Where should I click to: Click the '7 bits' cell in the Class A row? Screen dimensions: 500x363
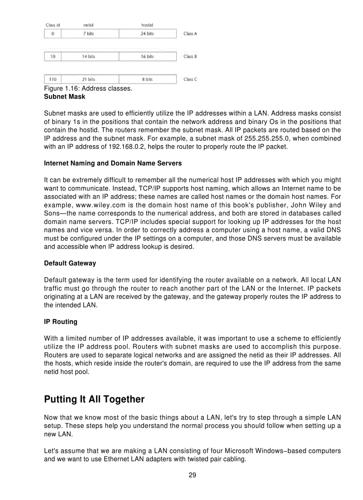pos(90,34)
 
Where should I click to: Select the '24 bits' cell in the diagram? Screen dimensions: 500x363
pos(147,34)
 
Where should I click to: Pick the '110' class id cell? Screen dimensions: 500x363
pos(52,79)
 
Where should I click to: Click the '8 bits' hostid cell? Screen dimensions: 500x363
pos(147,79)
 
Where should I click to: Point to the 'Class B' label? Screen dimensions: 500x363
pos(190,57)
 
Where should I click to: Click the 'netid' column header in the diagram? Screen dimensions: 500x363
pos(89,25)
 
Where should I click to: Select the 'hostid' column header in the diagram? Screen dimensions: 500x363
pos(147,25)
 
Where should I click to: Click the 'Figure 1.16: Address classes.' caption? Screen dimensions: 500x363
pos(88,89)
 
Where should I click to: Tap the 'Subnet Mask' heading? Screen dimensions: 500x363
pos(65,96)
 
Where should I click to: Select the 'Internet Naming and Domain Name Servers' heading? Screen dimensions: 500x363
pos(113,163)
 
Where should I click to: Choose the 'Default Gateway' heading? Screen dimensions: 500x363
pos(70,263)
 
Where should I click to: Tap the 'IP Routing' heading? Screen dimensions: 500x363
pos(60,321)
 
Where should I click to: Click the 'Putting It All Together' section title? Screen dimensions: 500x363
pos(94,399)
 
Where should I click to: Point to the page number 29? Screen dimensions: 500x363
pos(192,475)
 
